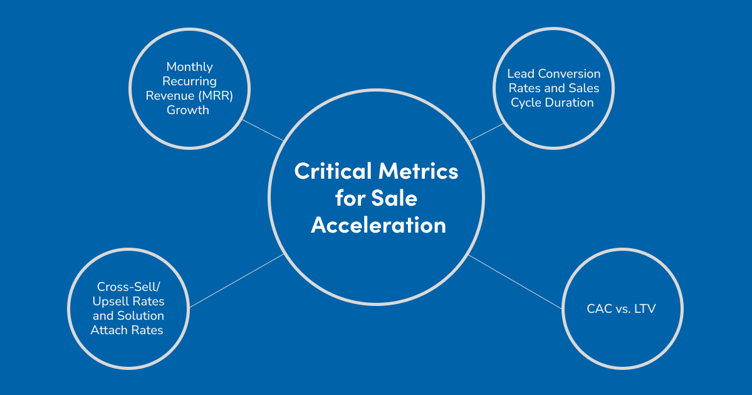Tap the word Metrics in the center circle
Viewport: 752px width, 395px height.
coord(419,171)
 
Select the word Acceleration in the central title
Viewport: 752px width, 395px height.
coord(379,225)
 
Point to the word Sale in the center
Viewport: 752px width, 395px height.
coord(394,198)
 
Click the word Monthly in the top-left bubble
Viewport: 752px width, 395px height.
coord(190,67)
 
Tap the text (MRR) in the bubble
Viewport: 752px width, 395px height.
coord(216,96)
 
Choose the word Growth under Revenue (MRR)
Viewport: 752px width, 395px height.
coord(188,110)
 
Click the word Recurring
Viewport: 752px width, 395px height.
coord(190,82)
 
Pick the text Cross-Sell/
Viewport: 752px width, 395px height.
coord(128,287)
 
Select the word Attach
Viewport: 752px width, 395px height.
coord(110,330)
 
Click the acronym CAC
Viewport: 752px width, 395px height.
coord(599,308)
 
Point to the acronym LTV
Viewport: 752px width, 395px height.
coord(645,308)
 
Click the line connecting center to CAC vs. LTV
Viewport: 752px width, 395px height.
coord(515,282)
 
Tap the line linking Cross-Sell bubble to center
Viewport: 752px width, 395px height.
coord(237,281)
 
